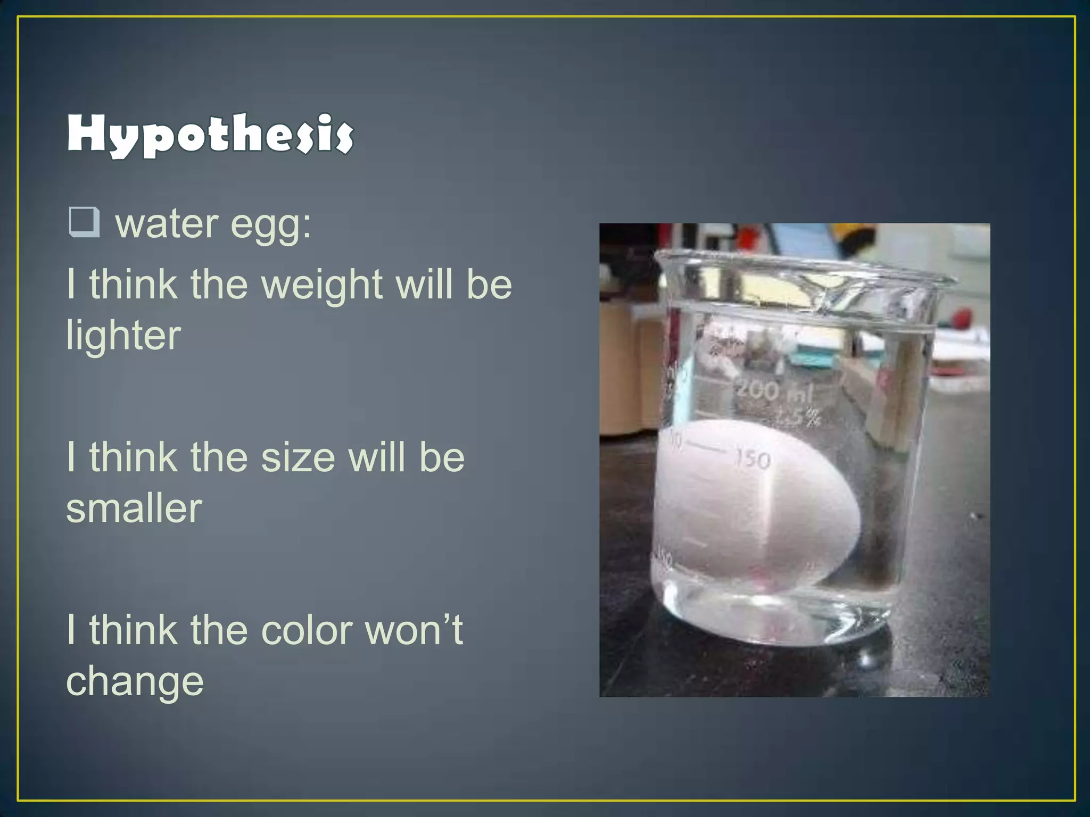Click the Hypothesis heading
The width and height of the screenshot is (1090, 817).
(x=210, y=135)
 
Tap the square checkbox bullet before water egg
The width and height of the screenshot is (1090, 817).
(x=84, y=222)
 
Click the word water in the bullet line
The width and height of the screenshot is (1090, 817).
(x=167, y=224)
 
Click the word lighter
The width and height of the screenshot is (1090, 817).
(x=123, y=336)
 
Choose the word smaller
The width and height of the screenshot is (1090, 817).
(x=134, y=508)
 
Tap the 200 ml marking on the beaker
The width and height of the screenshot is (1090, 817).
(x=774, y=392)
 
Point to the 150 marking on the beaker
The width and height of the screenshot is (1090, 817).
(x=753, y=458)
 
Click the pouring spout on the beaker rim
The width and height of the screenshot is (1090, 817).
(x=830, y=298)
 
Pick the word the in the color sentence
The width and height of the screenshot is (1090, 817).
(x=219, y=631)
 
